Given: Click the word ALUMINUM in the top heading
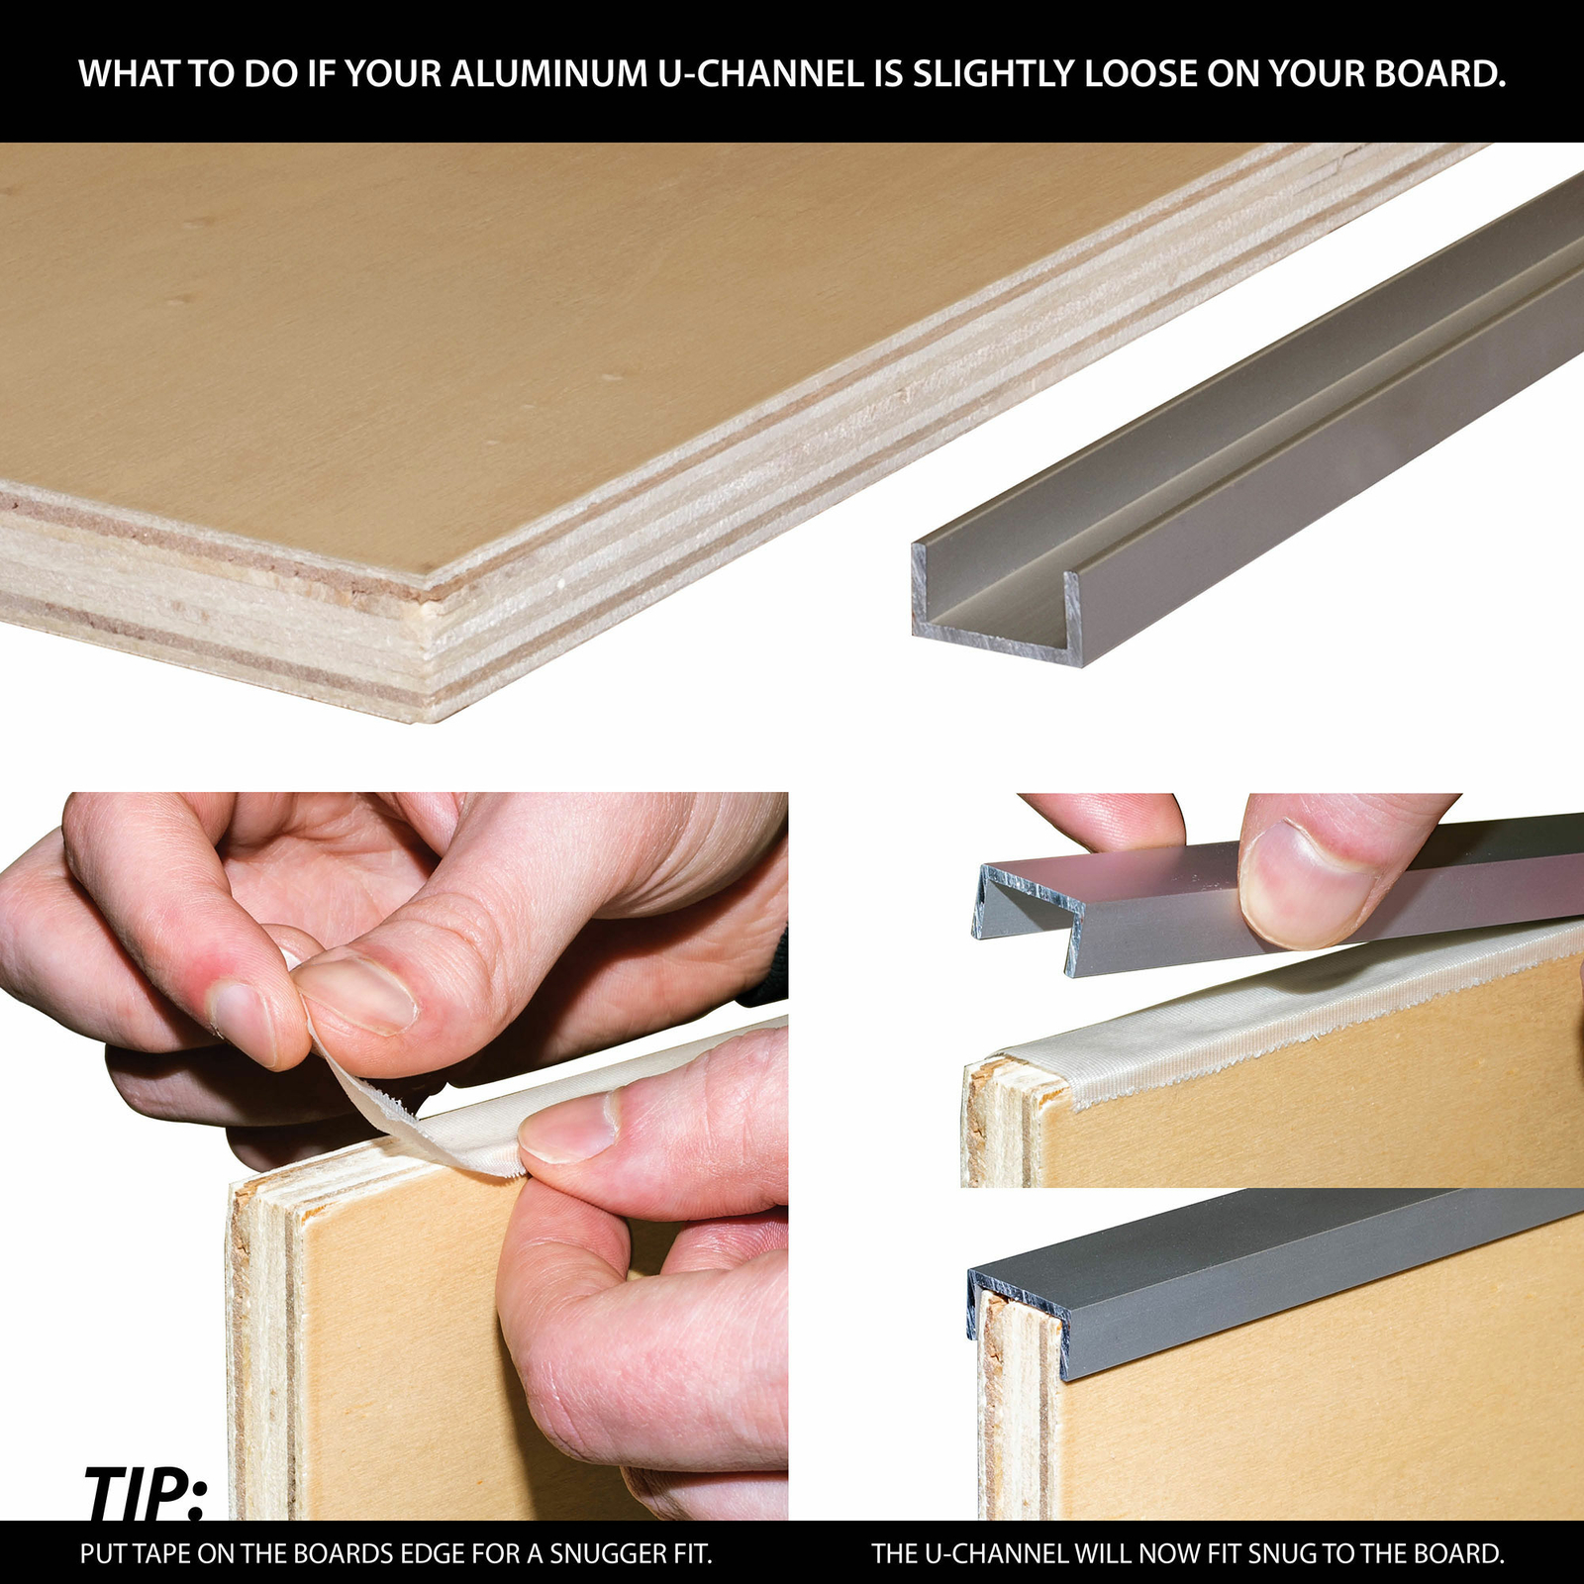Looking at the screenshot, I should [x=548, y=74].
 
